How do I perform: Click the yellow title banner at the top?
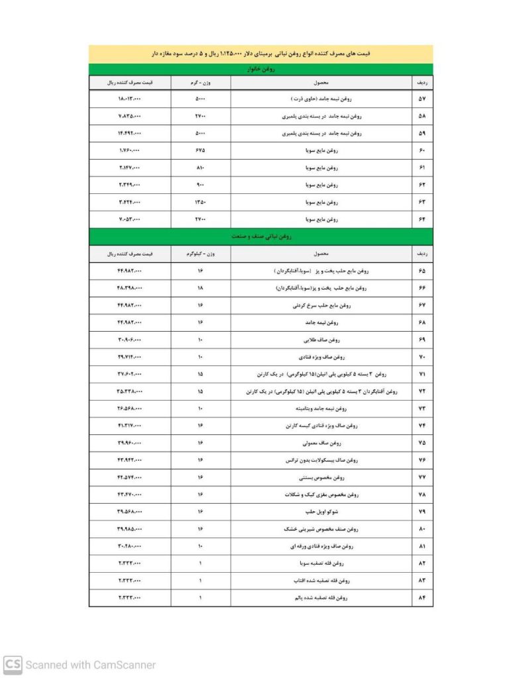(x=260, y=54)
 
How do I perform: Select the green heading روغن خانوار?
(x=260, y=69)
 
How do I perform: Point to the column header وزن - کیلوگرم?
(x=200, y=254)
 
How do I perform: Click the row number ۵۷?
(x=422, y=99)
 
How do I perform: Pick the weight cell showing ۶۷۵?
(x=200, y=150)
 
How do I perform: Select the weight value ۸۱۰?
(x=200, y=168)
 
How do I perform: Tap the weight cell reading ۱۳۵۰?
(x=200, y=202)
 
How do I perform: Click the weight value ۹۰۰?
(x=200, y=185)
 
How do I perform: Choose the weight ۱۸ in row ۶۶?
(x=200, y=289)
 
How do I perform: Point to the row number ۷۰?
(x=422, y=358)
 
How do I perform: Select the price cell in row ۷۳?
(x=130, y=409)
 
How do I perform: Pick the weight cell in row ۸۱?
(x=200, y=546)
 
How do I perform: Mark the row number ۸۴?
(x=422, y=598)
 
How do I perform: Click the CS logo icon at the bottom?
(x=13, y=664)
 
